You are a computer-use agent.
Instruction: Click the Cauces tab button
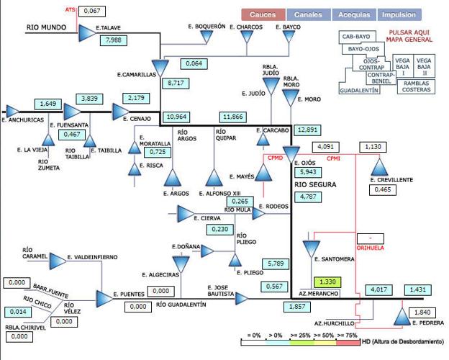pos(263,14)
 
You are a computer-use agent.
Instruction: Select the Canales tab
pos(308,14)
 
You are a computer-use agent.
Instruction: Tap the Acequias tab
pos(354,14)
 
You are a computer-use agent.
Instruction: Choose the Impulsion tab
pos(399,14)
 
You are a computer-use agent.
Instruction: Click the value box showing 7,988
pos(114,41)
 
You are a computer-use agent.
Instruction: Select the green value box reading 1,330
pos(326,282)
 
